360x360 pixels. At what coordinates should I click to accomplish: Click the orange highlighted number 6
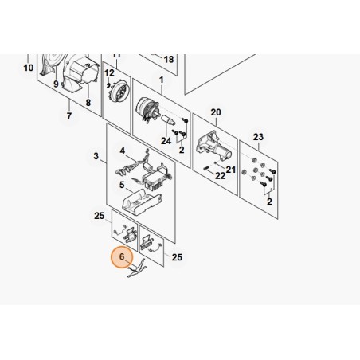click(122, 256)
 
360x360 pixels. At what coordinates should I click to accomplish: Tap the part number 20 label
click(216, 112)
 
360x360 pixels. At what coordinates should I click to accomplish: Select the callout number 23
click(258, 137)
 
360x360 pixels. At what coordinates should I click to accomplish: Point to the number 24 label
click(166, 141)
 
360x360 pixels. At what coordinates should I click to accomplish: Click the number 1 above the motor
click(162, 80)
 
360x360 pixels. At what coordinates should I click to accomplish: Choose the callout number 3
click(96, 156)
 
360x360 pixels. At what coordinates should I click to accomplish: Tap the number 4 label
click(122, 151)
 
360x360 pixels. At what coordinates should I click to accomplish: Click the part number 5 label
click(122, 185)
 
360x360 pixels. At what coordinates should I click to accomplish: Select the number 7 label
click(69, 116)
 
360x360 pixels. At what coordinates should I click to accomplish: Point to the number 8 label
click(88, 103)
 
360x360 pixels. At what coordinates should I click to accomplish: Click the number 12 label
click(109, 72)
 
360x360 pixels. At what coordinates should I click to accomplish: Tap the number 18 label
click(169, 59)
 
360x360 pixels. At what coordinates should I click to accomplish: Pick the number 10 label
click(29, 68)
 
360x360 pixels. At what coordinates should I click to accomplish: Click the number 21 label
click(231, 170)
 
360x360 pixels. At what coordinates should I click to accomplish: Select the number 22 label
click(220, 176)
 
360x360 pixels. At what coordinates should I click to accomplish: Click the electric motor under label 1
click(148, 110)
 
